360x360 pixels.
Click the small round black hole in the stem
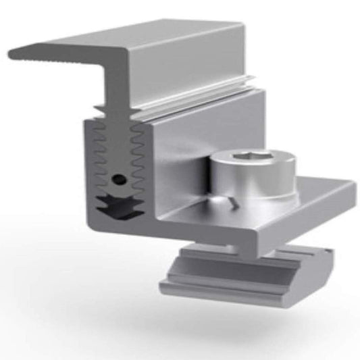[120, 180]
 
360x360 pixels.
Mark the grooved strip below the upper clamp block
[203, 101]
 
